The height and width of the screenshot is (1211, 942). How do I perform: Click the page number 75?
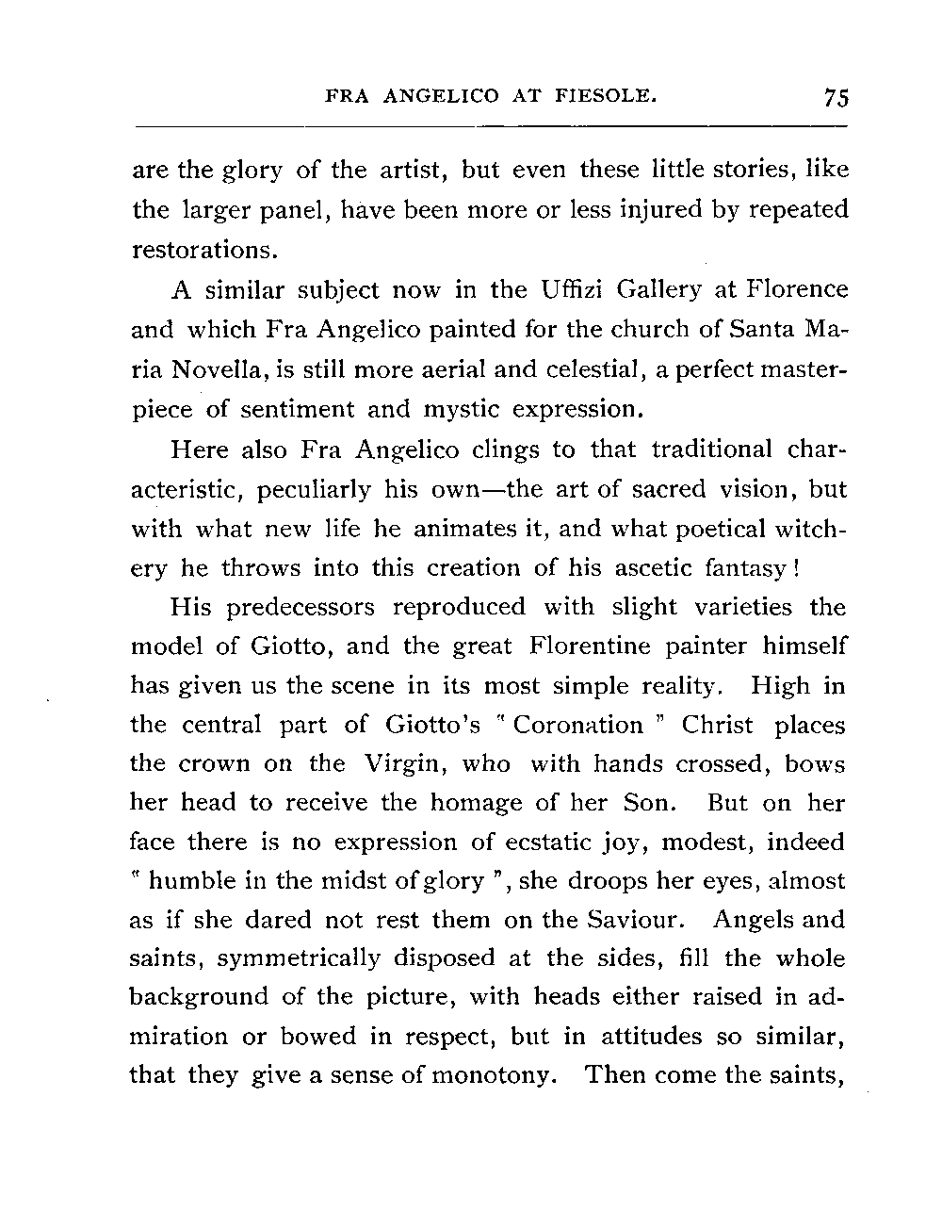point(836,98)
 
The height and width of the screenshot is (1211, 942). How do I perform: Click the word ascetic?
point(648,568)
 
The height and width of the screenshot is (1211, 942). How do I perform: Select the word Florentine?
point(591,646)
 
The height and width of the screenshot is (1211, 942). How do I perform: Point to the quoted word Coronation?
point(577,725)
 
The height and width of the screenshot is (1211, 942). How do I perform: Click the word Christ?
point(717,725)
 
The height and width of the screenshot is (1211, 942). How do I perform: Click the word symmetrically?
point(296,959)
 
